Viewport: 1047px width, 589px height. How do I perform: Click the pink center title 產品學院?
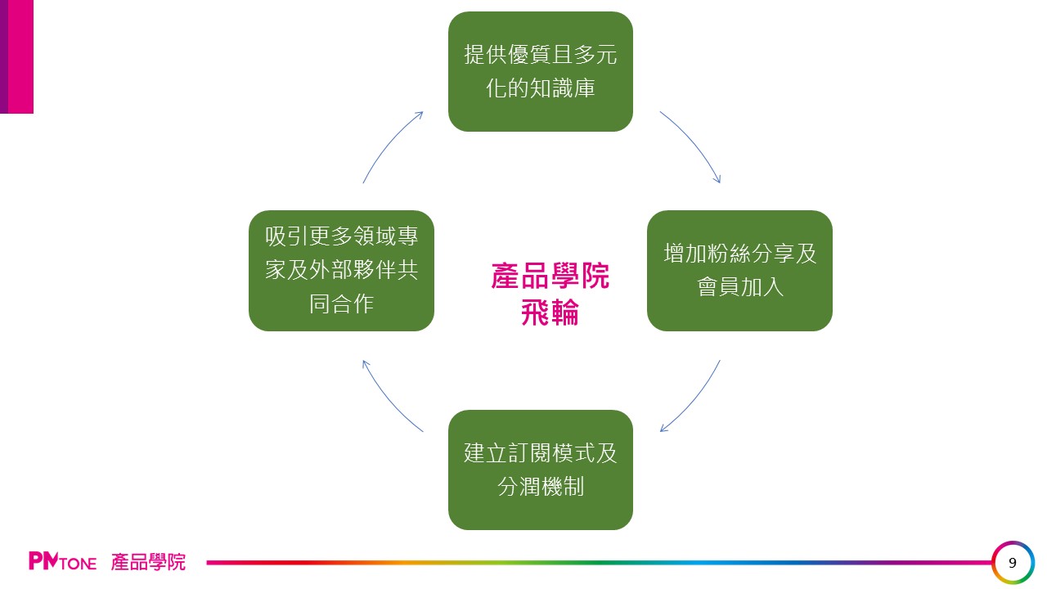tap(550, 277)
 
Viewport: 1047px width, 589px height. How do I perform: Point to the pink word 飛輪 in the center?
tap(550, 312)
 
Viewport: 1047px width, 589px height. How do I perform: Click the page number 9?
tap(1013, 563)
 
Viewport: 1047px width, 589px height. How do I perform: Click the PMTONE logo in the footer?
tap(62, 562)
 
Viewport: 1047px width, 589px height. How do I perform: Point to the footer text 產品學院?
tap(148, 562)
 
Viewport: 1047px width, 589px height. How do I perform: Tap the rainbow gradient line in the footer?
tap(597, 563)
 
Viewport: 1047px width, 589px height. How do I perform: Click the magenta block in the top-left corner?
tap(17, 56)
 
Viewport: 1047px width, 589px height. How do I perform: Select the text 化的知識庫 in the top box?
tap(540, 88)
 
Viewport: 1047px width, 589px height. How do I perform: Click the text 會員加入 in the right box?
tap(739, 288)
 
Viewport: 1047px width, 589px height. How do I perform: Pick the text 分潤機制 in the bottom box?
tap(540, 487)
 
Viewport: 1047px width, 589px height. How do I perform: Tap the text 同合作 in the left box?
tap(341, 303)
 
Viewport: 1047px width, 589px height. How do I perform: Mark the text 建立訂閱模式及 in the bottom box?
tap(540, 452)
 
